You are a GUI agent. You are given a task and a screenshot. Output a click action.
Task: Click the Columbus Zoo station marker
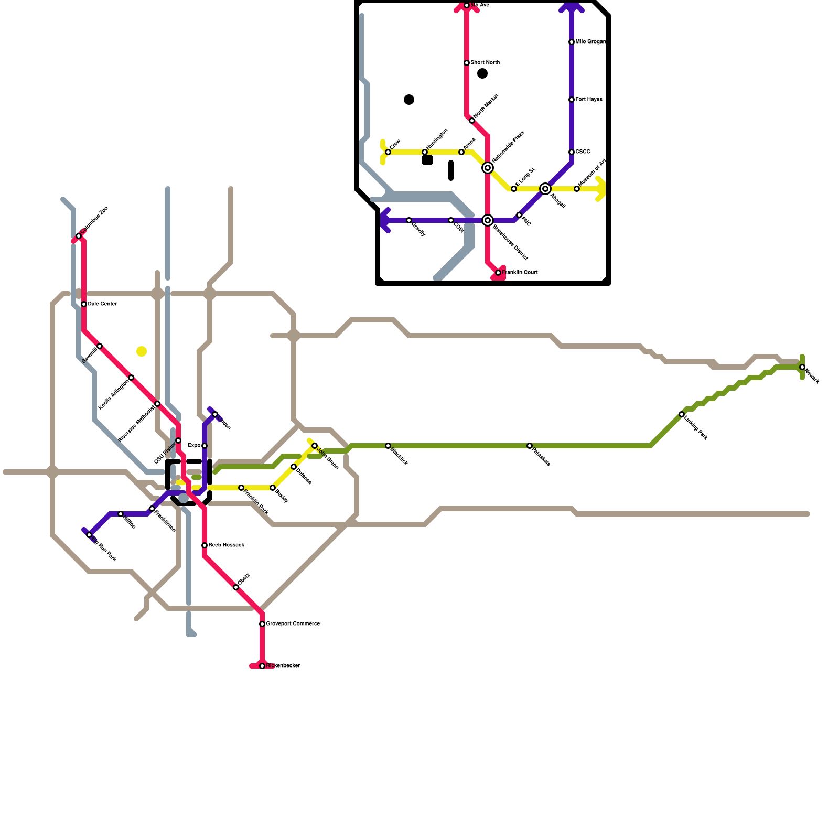[79, 236]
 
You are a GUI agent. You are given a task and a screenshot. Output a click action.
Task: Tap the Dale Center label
[102, 304]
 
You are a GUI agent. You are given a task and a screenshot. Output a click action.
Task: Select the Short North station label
[485, 63]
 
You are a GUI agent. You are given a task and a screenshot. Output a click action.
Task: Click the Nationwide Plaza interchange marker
[488, 168]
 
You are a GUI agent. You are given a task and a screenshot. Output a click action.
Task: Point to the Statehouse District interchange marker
[488, 220]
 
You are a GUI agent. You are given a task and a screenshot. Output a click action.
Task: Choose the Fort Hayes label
[589, 100]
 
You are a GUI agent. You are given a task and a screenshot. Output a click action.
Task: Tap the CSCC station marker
[572, 152]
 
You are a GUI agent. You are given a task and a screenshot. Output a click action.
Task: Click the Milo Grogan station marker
[572, 42]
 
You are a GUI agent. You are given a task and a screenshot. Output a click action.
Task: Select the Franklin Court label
[520, 273]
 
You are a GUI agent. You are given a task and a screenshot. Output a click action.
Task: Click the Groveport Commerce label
[293, 624]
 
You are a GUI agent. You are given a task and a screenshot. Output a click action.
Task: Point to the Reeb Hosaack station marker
[205, 545]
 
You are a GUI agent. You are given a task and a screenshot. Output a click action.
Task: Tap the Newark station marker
[802, 367]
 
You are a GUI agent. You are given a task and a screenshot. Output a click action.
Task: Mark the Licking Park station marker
[682, 414]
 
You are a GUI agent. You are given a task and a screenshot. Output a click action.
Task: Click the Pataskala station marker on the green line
[530, 446]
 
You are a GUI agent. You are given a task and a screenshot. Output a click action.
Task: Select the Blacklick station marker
[388, 446]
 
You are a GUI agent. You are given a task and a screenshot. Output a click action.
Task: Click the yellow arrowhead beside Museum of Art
[601, 189]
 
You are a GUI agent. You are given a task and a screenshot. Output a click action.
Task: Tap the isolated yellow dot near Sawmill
[142, 351]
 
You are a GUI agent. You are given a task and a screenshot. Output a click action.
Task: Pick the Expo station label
[193, 446]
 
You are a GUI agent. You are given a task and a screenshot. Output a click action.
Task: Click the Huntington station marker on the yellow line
[425, 152]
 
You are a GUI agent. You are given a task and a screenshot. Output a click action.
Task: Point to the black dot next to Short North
[482, 73]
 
